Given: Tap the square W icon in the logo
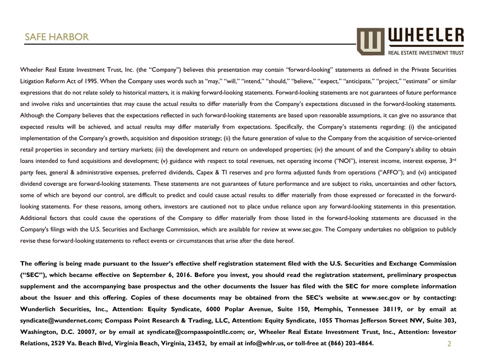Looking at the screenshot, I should point(370,41).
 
